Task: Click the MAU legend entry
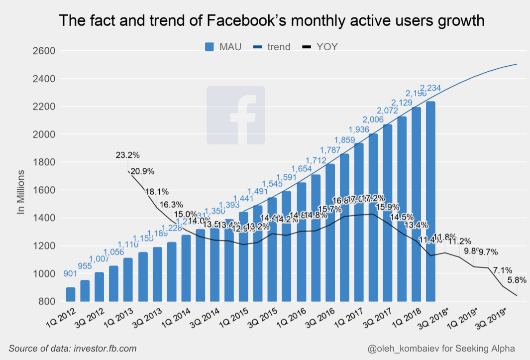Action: [223, 47]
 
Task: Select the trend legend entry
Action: [272, 47]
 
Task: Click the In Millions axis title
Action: [21, 192]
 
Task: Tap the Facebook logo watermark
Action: [235, 115]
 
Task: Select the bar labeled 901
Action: [71, 294]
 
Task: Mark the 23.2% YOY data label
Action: [128, 155]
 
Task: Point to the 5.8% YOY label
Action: [517, 280]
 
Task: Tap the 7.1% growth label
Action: [503, 270]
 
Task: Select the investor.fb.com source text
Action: [105, 349]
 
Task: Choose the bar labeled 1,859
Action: [344, 228]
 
